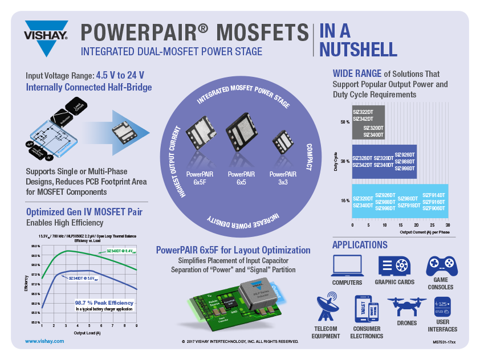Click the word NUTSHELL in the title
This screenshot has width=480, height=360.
pos(358,50)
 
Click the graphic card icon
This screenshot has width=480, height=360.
pos(393,266)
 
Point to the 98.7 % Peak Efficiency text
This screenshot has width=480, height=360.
pos(104,302)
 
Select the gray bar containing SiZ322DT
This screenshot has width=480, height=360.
pos(368,122)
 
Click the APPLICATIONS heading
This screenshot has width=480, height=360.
pos(360,245)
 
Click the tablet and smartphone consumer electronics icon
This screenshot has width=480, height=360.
pos(366,309)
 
